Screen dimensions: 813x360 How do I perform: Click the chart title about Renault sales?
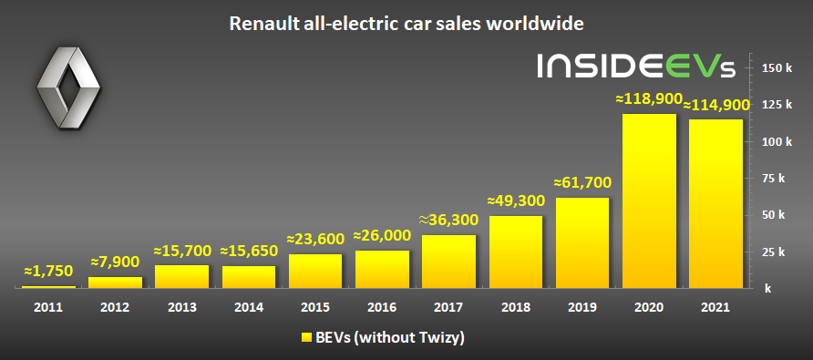coord(406,24)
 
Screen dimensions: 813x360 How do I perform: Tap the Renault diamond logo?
coord(68,87)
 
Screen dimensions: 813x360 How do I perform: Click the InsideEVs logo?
coord(635,66)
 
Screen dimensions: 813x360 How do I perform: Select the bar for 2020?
coord(649,201)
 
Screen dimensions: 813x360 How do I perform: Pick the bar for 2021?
coord(715,203)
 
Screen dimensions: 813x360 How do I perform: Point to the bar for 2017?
coord(449,262)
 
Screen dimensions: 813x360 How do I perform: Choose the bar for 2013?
coord(182,276)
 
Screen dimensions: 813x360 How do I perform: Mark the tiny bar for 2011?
coord(48,287)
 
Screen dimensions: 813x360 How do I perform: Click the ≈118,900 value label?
coord(646,98)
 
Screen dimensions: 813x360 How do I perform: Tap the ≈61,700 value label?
coord(582,182)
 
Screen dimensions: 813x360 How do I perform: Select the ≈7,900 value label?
coord(115,262)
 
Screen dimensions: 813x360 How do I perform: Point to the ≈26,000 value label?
coord(382,235)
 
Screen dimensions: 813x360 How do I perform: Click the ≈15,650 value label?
coord(249,251)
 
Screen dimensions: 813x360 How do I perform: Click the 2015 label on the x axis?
coord(315,307)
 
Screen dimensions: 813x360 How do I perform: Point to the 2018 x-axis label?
coord(515,307)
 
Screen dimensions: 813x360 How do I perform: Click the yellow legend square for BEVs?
coord(306,338)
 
